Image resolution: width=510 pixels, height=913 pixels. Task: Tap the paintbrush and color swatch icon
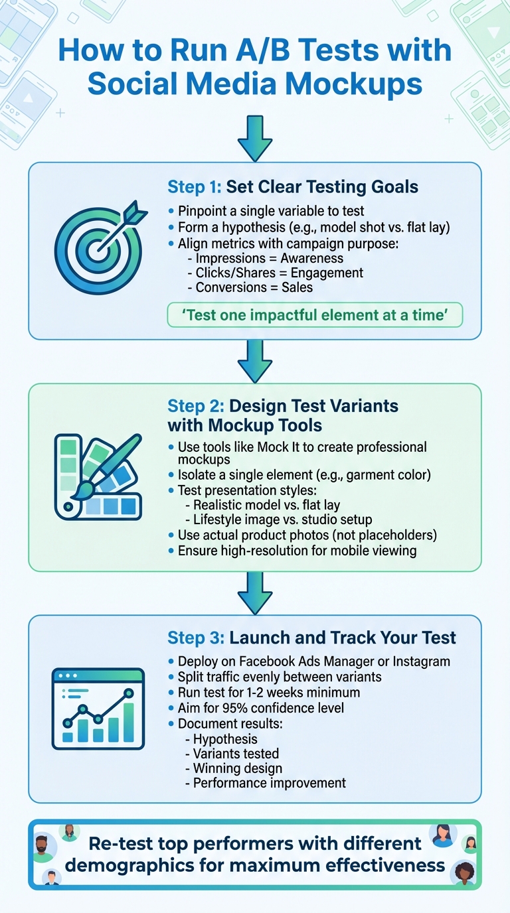(x=98, y=477)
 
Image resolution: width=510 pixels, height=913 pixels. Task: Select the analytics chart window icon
(x=98, y=708)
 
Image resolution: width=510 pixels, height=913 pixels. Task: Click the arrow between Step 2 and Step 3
(x=255, y=593)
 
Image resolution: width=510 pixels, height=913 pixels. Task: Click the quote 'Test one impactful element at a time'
(x=314, y=315)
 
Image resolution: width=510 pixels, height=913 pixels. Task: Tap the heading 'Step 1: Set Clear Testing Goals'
(x=293, y=187)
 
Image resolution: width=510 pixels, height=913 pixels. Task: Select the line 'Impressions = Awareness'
(x=266, y=257)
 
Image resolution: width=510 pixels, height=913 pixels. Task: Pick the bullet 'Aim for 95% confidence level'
(x=260, y=708)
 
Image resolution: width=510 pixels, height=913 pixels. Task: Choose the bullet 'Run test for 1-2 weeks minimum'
(x=269, y=692)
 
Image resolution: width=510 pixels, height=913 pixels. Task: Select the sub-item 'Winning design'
(x=237, y=768)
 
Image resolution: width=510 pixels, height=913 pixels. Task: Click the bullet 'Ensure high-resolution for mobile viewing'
(x=297, y=551)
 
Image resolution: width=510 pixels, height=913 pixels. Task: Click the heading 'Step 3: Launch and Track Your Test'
(x=311, y=638)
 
